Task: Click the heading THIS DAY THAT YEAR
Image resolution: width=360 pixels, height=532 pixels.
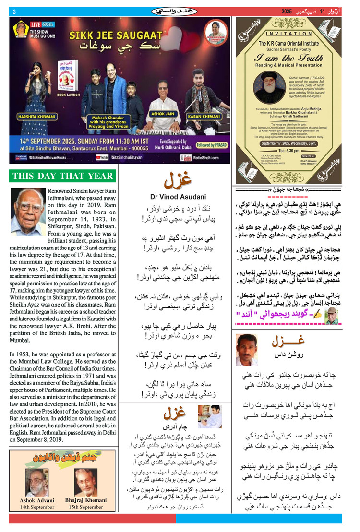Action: pos(63,176)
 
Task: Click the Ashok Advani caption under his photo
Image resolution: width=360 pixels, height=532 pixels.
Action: pos(37,500)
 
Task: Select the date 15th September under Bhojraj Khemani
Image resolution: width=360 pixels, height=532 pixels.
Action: pos(87,507)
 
